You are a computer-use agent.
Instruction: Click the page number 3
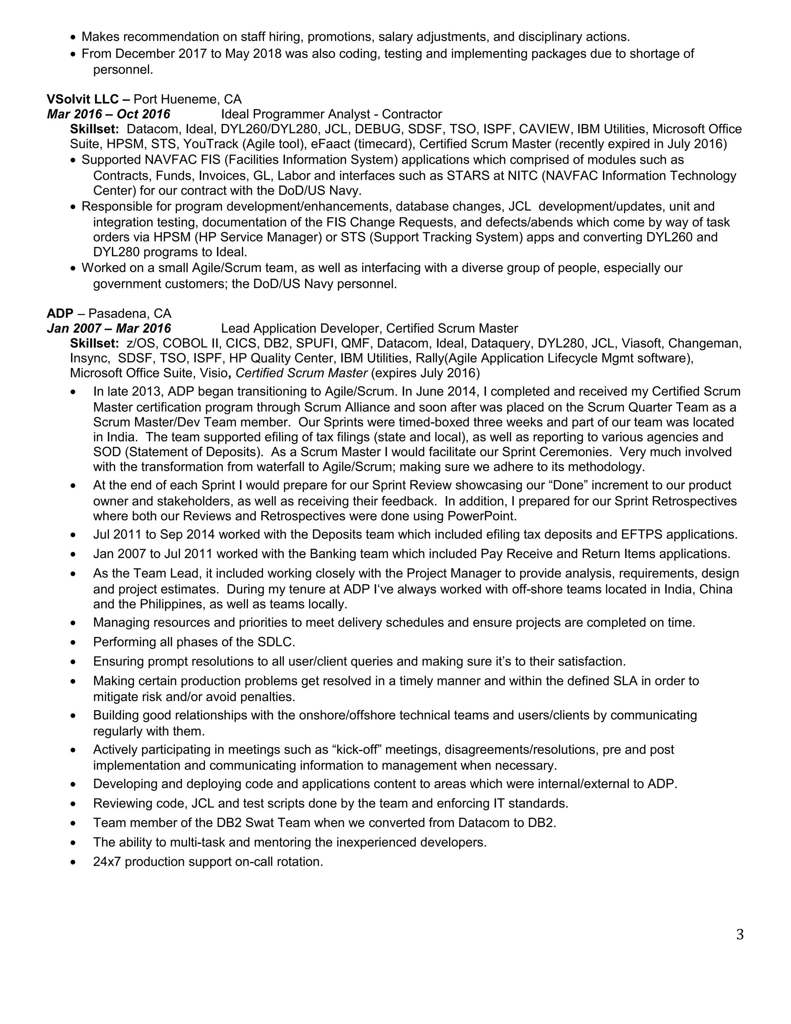point(740,934)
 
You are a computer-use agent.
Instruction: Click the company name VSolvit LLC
point(83,99)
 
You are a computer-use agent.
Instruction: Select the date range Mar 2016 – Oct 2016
point(109,114)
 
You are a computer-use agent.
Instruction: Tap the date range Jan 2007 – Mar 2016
point(109,328)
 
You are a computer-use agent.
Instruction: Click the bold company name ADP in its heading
point(59,313)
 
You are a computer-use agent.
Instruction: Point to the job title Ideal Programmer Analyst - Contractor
point(331,114)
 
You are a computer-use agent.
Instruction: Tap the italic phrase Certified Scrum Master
point(301,373)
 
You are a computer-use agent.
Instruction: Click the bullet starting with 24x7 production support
point(208,862)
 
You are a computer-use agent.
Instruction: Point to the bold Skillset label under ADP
point(94,343)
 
